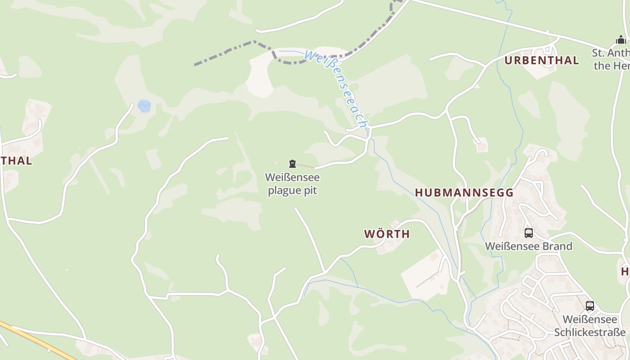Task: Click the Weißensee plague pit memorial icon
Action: pyautogui.click(x=292, y=164)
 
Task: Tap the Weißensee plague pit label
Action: pyautogui.click(x=292, y=184)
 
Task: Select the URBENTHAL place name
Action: pyautogui.click(x=541, y=60)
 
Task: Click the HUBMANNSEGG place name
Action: pyautogui.click(x=464, y=193)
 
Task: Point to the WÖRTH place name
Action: pyautogui.click(x=387, y=234)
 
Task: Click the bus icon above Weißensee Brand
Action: pyautogui.click(x=529, y=233)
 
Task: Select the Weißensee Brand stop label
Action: pyautogui.click(x=528, y=246)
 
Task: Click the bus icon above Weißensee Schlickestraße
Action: pyautogui.click(x=590, y=306)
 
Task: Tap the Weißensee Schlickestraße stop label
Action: pyautogui.click(x=589, y=326)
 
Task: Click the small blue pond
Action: pyautogui.click(x=144, y=106)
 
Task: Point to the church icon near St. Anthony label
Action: pyautogui.click(x=621, y=40)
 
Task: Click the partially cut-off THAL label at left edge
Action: pyautogui.click(x=17, y=161)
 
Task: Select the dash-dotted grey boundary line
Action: pyautogui.click(x=225, y=52)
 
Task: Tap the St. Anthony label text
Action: pyautogui.click(x=611, y=59)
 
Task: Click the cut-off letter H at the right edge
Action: pyautogui.click(x=625, y=271)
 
